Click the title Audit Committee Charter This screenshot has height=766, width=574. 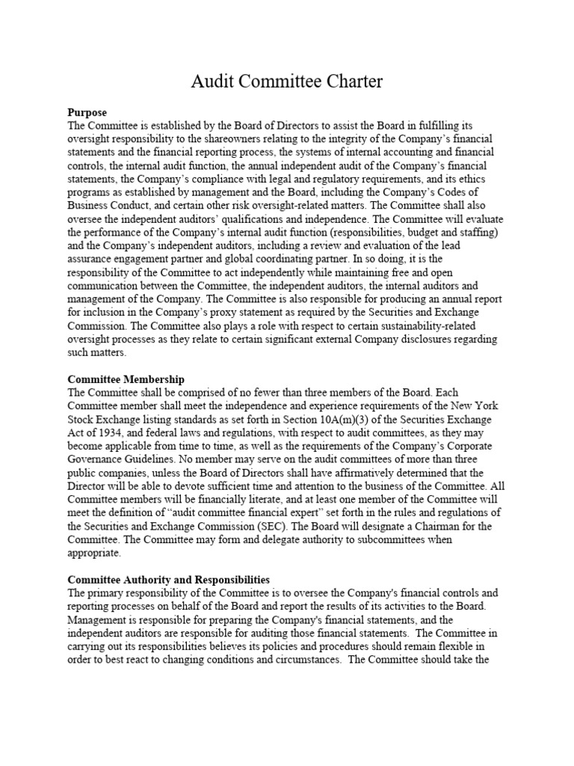point(287,82)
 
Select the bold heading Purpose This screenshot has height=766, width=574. point(87,113)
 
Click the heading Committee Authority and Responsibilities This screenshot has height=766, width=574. point(169,580)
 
